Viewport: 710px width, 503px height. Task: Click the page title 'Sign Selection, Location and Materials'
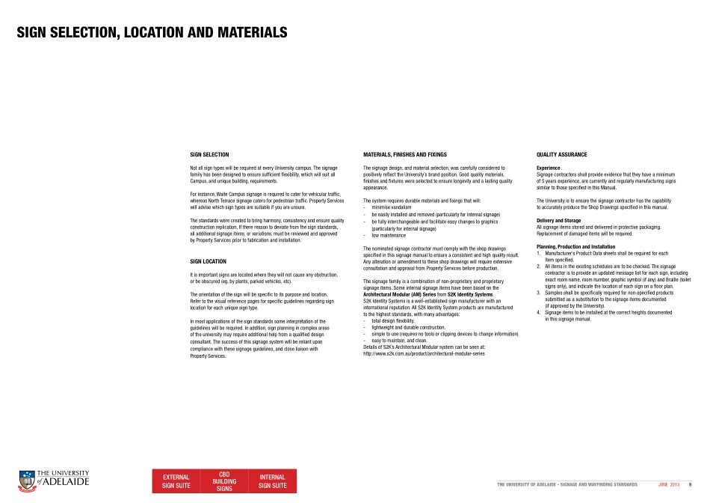click(x=152, y=33)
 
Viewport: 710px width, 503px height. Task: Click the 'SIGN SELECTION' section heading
click(x=209, y=154)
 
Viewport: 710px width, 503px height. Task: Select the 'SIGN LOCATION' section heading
click(x=209, y=261)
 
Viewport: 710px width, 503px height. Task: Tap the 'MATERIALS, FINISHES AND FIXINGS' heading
click(x=404, y=154)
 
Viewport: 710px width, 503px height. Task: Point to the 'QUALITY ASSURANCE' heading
click(x=561, y=154)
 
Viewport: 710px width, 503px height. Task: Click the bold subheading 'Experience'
click(x=549, y=168)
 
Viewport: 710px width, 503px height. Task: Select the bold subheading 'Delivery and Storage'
click(x=558, y=220)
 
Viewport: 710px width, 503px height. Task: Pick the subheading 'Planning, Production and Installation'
click(x=575, y=246)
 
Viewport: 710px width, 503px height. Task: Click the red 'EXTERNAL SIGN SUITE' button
click(x=176, y=481)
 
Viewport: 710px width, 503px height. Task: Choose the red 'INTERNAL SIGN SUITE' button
click(x=272, y=481)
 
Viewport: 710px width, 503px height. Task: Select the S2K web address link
click(x=423, y=353)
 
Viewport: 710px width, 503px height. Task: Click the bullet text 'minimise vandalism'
click(x=391, y=207)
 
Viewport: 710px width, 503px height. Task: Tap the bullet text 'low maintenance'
click(x=388, y=235)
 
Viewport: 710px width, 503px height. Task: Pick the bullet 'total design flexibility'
click(x=397, y=320)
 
